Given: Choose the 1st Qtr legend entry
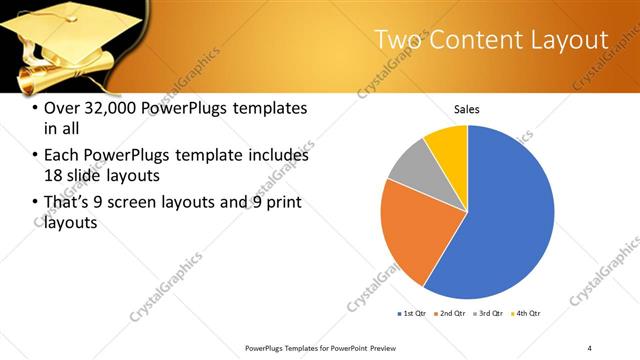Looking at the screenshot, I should [411, 314].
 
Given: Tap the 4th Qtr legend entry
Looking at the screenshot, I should [527, 314].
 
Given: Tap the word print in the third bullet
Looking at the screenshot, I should [281, 203].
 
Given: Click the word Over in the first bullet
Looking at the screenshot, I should [62, 107].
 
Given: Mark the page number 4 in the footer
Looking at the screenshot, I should [590, 348].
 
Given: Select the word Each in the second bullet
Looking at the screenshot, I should [62, 155].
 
